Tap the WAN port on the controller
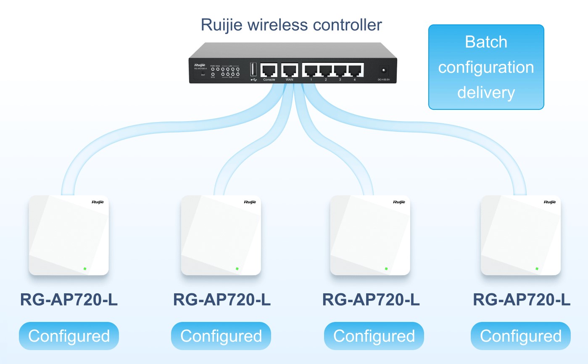tap(290, 69)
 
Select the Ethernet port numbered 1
tap(311, 70)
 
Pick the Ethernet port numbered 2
tap(326, 70)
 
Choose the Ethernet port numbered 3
tap(340, 70)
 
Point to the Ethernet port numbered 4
tap(355, 70)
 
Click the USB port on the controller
tap(253, 69)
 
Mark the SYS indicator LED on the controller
tap(213, 74)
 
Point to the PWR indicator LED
tap(213, 69)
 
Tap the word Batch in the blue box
tap(486, 42)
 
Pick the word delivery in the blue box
tap(486, 92)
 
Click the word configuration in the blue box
tap(486, 67)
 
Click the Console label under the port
tap(269, 80)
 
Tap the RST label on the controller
tap(203, 75)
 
